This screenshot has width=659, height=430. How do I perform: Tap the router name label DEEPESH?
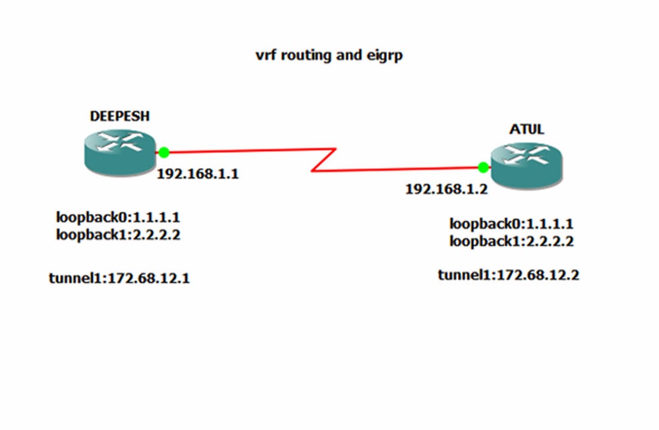pos(119,116)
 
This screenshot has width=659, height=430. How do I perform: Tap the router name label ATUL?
pos(527,129)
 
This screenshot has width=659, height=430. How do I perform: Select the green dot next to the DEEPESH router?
pos(164,152)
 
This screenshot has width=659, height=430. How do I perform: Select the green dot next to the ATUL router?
pos(483,167)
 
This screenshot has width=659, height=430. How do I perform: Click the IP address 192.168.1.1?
pos(197,174)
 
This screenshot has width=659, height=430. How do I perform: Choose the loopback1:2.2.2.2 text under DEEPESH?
pos(119,235)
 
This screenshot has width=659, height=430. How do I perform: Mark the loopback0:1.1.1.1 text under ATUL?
pos(511,224)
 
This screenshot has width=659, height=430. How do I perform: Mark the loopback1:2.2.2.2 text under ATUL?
pos(511,241)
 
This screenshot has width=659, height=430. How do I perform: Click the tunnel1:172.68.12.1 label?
pos(119,278)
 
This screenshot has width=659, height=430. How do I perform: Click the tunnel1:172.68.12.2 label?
pos(509,275)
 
